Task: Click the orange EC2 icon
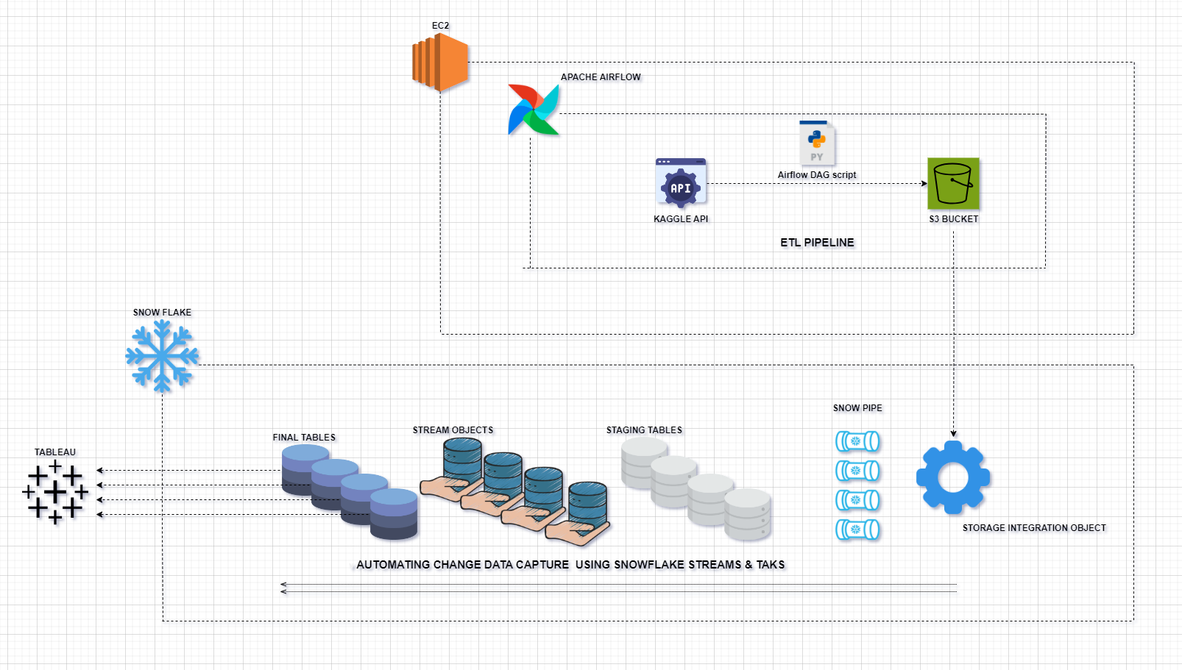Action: click(x=440, y=63)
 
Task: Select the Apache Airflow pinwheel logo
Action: click(x=534, y=110)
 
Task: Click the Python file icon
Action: click(x=817, y=143)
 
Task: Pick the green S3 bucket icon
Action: click(x=953, y=183)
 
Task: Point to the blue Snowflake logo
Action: click(x=162, y=356)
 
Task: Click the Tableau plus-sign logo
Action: click(x=55, y=492)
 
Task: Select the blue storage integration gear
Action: click(x=953, y=477)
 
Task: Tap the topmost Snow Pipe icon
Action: click(x=857, y=441)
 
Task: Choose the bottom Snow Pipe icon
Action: click(x=857, y=530)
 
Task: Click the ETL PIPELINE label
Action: click(x=817, y=243)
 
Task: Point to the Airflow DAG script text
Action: click(x=817, y=175)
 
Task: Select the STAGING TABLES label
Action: click(x=644, y=430)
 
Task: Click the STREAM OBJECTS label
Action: click(x=453, y=430)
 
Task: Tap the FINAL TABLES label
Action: click(x=304, y=438)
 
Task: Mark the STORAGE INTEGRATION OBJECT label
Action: click(x=1034, y=528)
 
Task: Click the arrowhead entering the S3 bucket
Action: click(x=924, y=184)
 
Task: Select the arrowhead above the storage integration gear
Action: click(x=954, y=434)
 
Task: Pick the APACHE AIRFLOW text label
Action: click(x=601, y=77)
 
